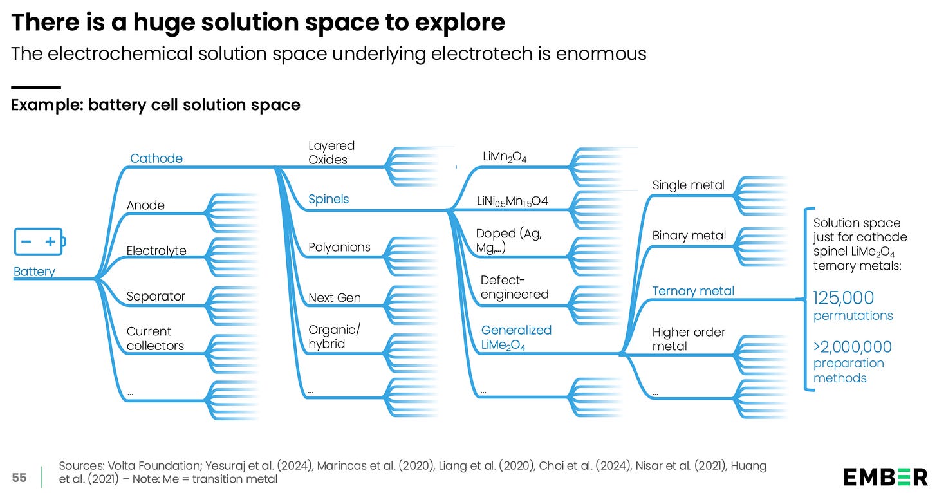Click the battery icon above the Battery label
click(x=39, y=242)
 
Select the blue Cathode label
click(x=156, y=158)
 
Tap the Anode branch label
click(x=145, y=205)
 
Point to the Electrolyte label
click(x=156, y=251)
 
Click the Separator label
click(x=156, y=297)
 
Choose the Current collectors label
click(x=155, y=339)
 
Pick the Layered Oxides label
click(x=331, y=153)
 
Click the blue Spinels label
click(x=328, y=200)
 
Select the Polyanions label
click(x=339, y=247)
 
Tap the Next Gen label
click(x=335, y=298)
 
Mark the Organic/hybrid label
click(x=335, y=337)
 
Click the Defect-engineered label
click(x=515, y=287)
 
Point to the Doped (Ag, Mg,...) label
click(x=508, y=241)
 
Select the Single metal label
click(x=688, y=185)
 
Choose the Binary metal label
click(x=689, y=236)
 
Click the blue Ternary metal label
click(x=693, y=291)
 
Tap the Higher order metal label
click(x=689, y=339)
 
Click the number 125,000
click(x=844, y=298)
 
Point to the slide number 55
click(x=19, y=478)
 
